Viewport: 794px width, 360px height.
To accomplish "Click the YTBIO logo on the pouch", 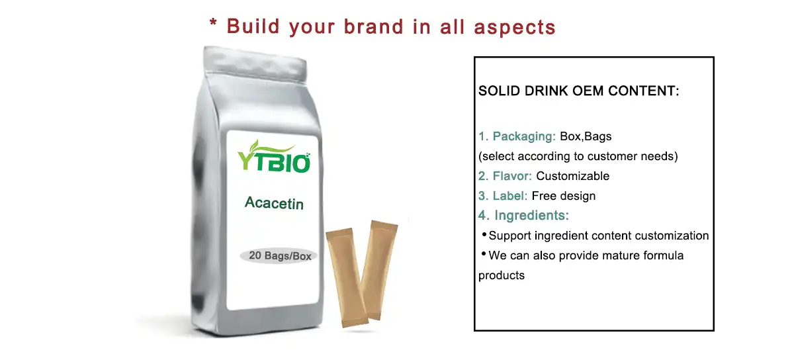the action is [x=274, y=157].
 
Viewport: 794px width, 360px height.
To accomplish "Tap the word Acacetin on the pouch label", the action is [x=274, y=203].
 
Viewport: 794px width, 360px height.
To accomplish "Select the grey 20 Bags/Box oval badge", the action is [x=279, y=255].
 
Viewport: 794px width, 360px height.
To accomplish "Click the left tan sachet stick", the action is [x=347, y=277].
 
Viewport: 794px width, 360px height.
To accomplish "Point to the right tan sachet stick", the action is [x=379, y=269].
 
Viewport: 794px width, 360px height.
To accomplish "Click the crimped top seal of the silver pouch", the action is [x=255, y=64].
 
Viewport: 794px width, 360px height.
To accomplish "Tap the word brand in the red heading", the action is [x=374, y=27].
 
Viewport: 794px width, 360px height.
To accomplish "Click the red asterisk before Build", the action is [x=213, y=22].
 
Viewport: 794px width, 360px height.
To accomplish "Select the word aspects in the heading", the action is [x=515, y=28].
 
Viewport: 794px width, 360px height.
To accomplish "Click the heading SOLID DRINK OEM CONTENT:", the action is [x=579, y=91].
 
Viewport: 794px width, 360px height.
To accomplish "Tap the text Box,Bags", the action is [x=586, y=136].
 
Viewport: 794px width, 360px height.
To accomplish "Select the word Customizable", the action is [x=572, y=176].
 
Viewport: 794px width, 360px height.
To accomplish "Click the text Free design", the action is [x=564, y=196].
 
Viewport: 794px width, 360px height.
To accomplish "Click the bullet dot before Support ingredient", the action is [x=484, y=234].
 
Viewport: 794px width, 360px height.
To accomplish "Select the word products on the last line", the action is [x=502, y=276].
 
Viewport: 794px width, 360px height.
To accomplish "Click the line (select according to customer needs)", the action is [x=578, y=156].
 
